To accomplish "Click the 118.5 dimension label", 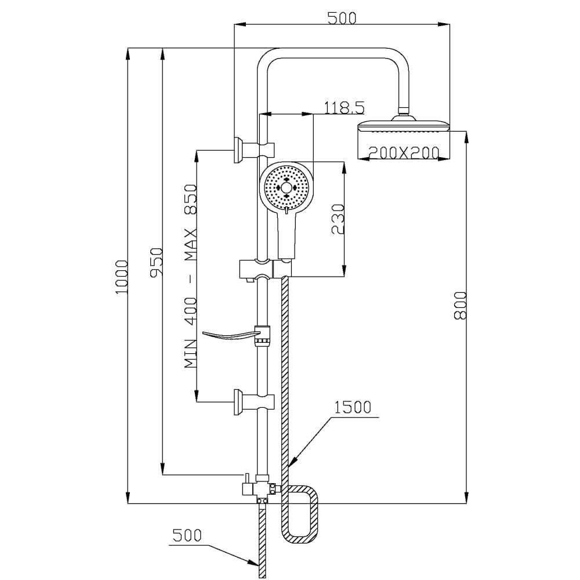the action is pos(344,108).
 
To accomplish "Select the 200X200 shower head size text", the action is pos(404,153).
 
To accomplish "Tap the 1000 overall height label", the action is pos(122,277).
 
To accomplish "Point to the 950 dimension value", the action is pos(155,262).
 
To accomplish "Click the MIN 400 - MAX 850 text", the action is pos(191,276).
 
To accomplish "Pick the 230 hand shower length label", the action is pos(338,219).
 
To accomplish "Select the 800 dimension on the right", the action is pos(460,306).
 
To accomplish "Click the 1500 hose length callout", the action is pos(353,407).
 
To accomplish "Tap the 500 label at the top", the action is pos(342,18).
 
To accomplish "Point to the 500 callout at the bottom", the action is pos(187,535).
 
